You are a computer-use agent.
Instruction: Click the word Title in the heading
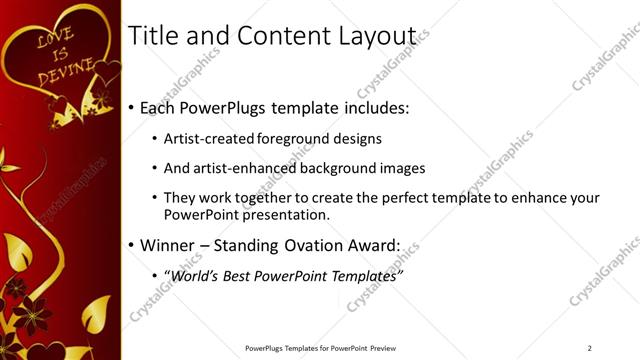pos(153,37)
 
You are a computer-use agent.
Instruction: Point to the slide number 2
pos(589,348)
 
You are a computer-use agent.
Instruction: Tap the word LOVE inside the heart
pos(55,39)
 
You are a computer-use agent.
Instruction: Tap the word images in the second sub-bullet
pos(403,168)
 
